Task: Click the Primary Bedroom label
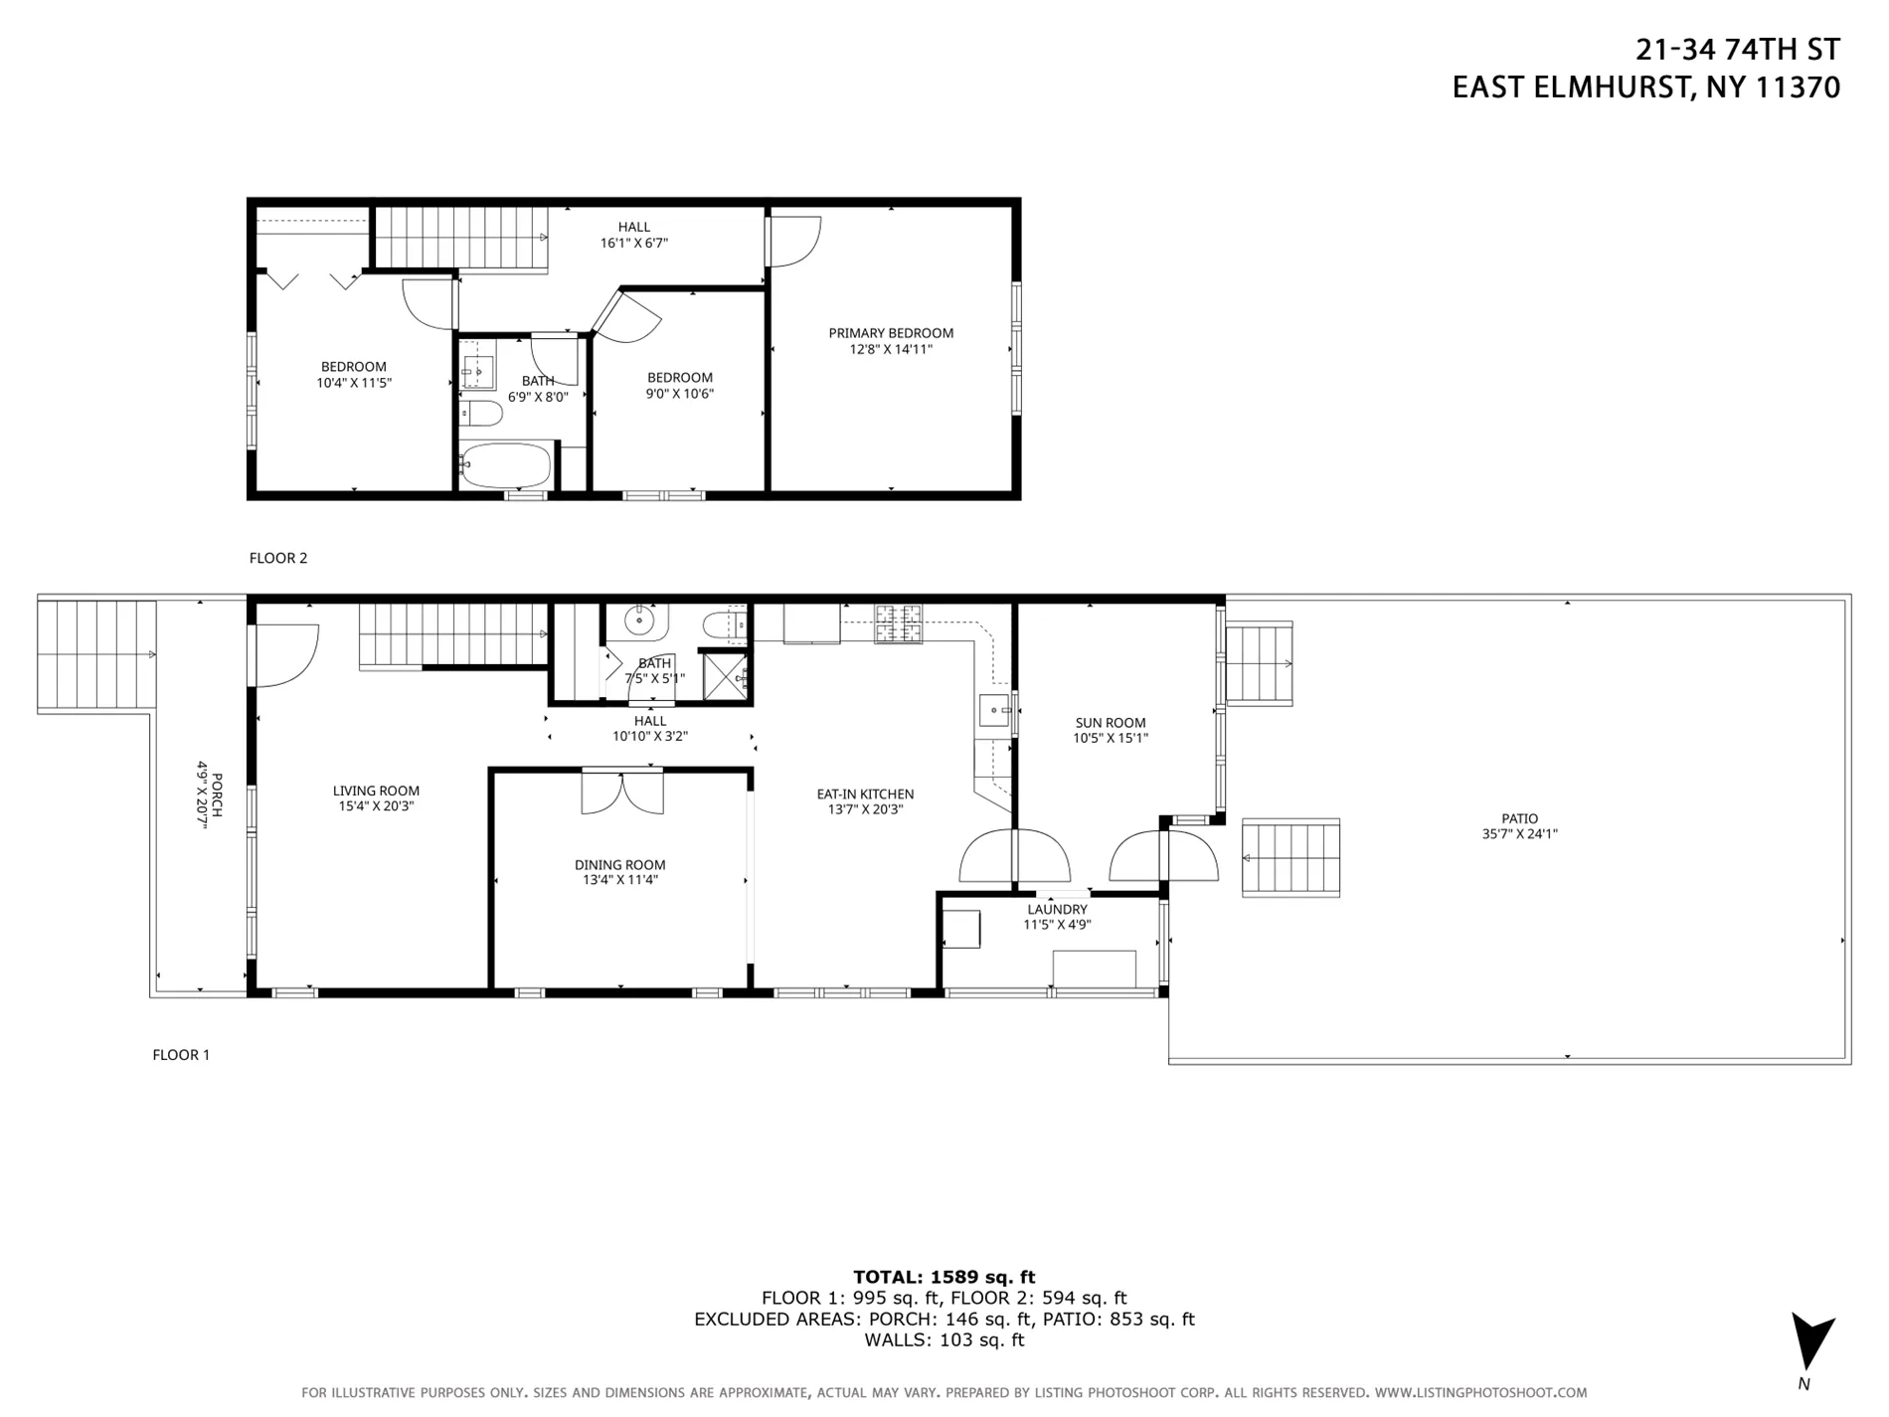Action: coord(891,333)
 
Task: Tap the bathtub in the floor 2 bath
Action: coord(506,465)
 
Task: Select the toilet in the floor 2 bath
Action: coord(483,413)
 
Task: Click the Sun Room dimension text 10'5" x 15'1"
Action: coord(1111,738)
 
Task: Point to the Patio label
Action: coord(1519,818)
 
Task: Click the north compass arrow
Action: coord(1811,1342)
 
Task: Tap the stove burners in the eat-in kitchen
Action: coord(898,623)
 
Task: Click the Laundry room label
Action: coord(1057,909)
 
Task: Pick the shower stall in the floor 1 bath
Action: coord(725,676)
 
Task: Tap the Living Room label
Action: coord(376,791)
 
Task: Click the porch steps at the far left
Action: coord(96,652)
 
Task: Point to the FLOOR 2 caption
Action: coord(278,558)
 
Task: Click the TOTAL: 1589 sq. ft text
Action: coord(944,1277)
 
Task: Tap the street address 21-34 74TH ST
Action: coord(1738,49)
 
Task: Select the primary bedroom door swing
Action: coord(793,241)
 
